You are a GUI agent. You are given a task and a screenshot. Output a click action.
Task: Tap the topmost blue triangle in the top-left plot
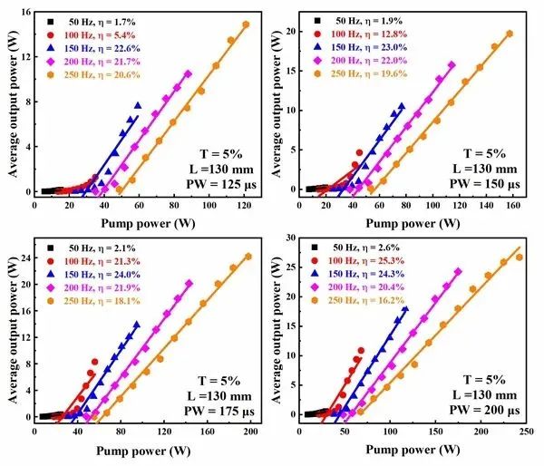coord(138,104)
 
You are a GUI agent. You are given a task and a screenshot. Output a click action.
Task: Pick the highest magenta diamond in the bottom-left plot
coord(189,284)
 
